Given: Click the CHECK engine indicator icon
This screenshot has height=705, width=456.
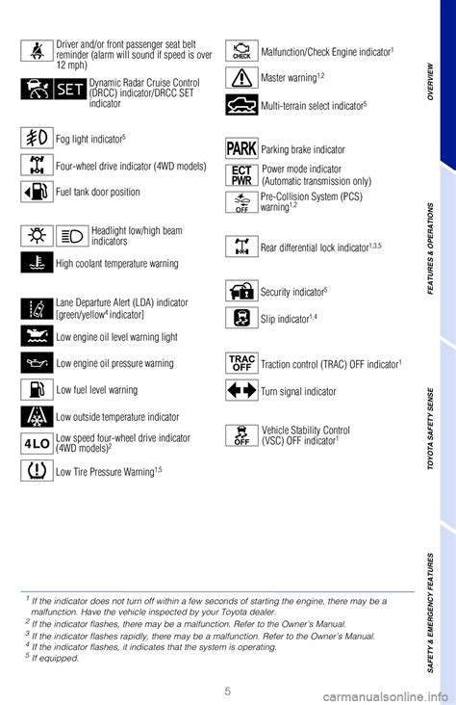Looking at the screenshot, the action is (x=241, y=51).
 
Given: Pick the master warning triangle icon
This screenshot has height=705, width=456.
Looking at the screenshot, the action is (x=241, y=77).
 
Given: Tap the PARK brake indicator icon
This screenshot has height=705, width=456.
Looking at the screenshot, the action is (x=241, y=148).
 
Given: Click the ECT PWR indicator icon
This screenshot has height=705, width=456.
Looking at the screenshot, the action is (x=241, y=174).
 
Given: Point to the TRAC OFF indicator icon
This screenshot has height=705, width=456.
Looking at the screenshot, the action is (x=241, y=363).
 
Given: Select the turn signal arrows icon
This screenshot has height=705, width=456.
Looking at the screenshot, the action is (x=241, y=390).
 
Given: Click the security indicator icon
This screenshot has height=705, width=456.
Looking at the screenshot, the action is (x=241, y=290).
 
